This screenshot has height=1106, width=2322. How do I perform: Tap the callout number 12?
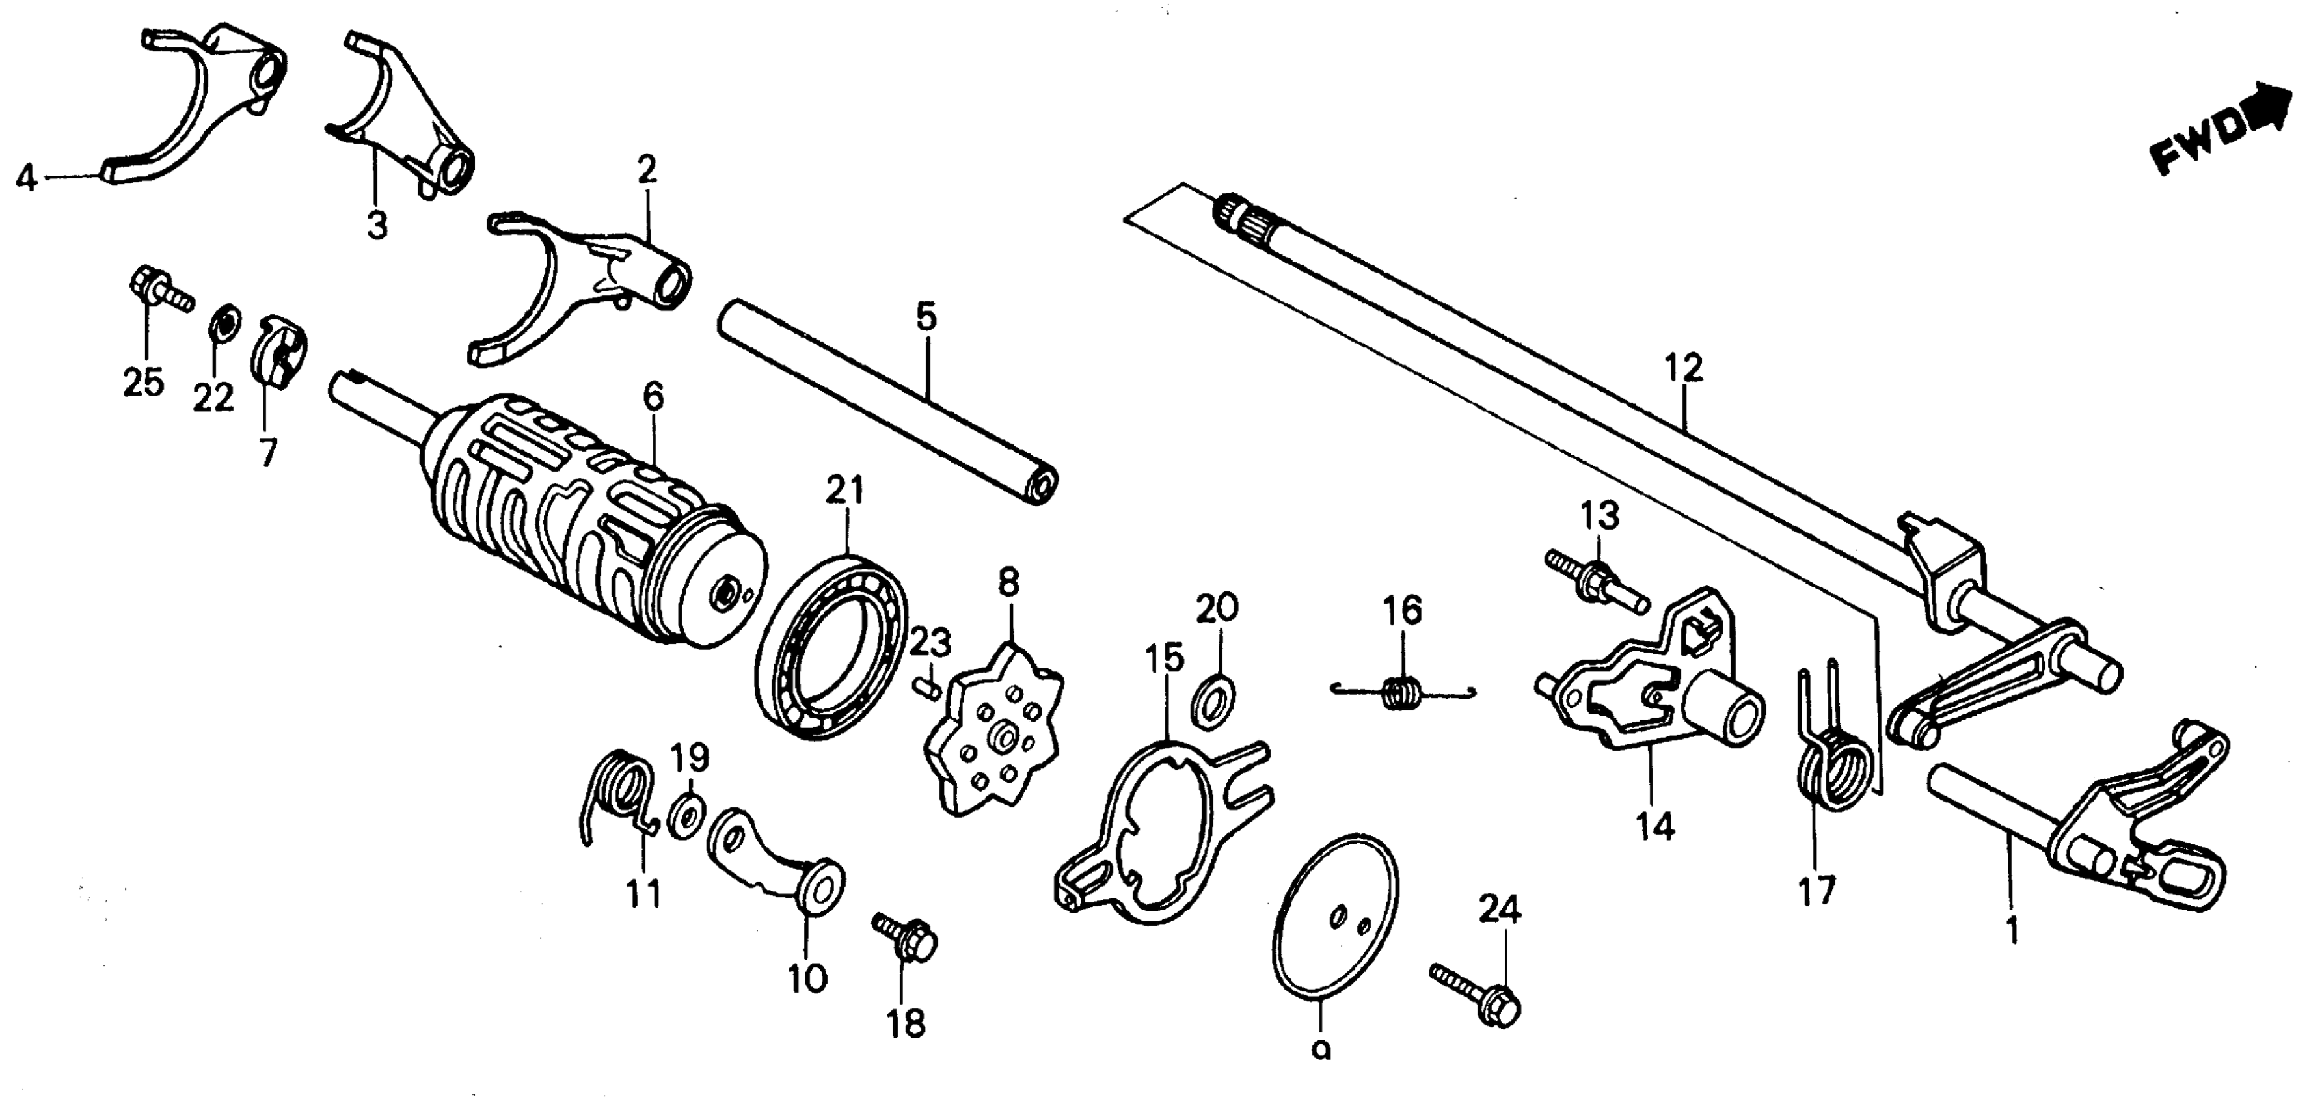pos(1683,369)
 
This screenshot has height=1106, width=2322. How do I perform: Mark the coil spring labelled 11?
pos(622,793)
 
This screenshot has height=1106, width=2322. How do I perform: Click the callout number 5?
pos(926,317)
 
